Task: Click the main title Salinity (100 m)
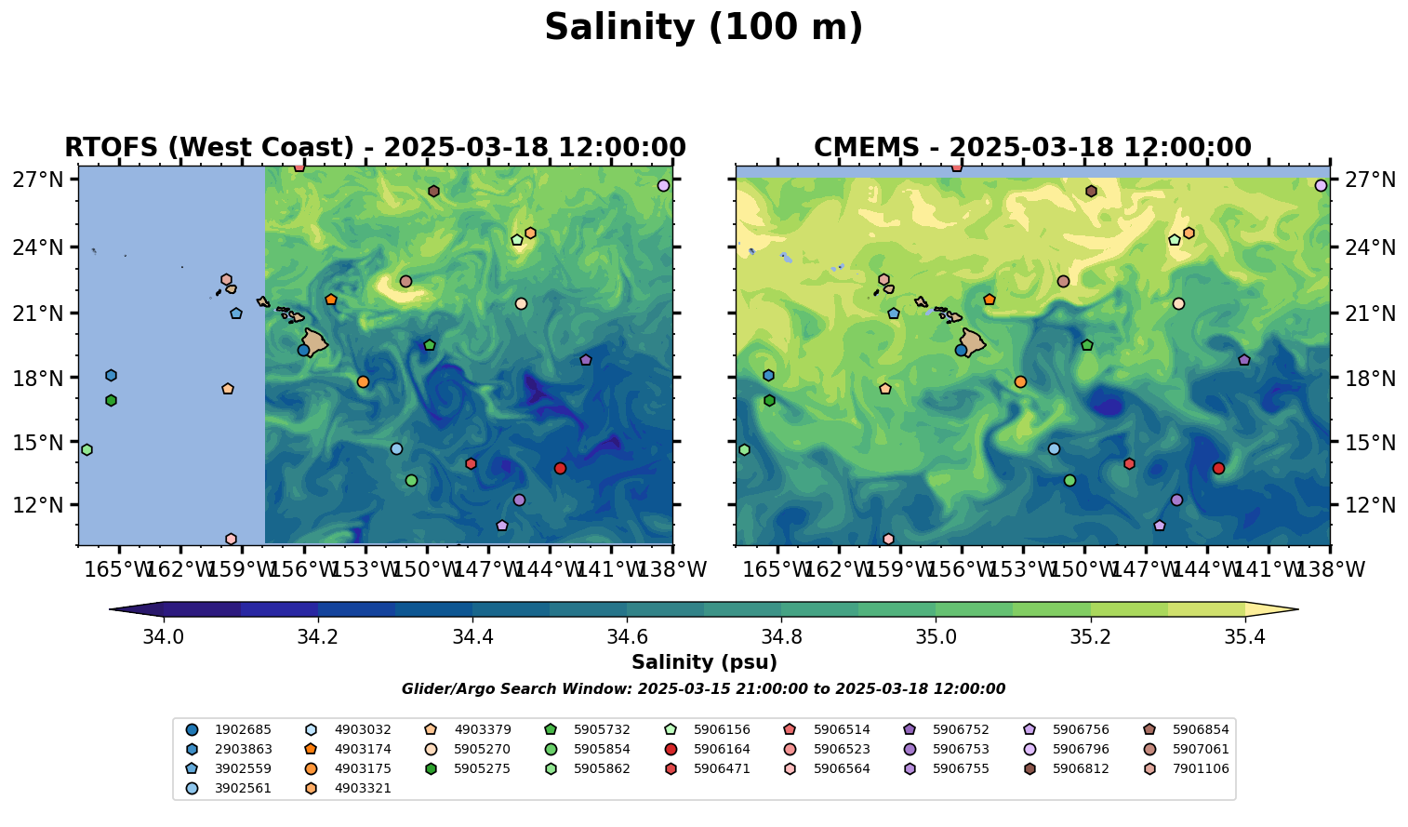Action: coord(703,28)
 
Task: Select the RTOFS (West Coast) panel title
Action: coord(375,148)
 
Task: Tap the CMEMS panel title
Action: coord(1032,148)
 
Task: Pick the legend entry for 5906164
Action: coord(721,750)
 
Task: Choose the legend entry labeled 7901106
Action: coord(1200,769)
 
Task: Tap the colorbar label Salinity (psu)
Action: coord(704,662)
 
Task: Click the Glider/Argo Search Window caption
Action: coord(703,689)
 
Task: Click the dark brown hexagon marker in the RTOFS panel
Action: coord(433,191)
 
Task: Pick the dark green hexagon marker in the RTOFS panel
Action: coord(111,400)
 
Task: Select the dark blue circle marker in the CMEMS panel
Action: coord(961,350)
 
